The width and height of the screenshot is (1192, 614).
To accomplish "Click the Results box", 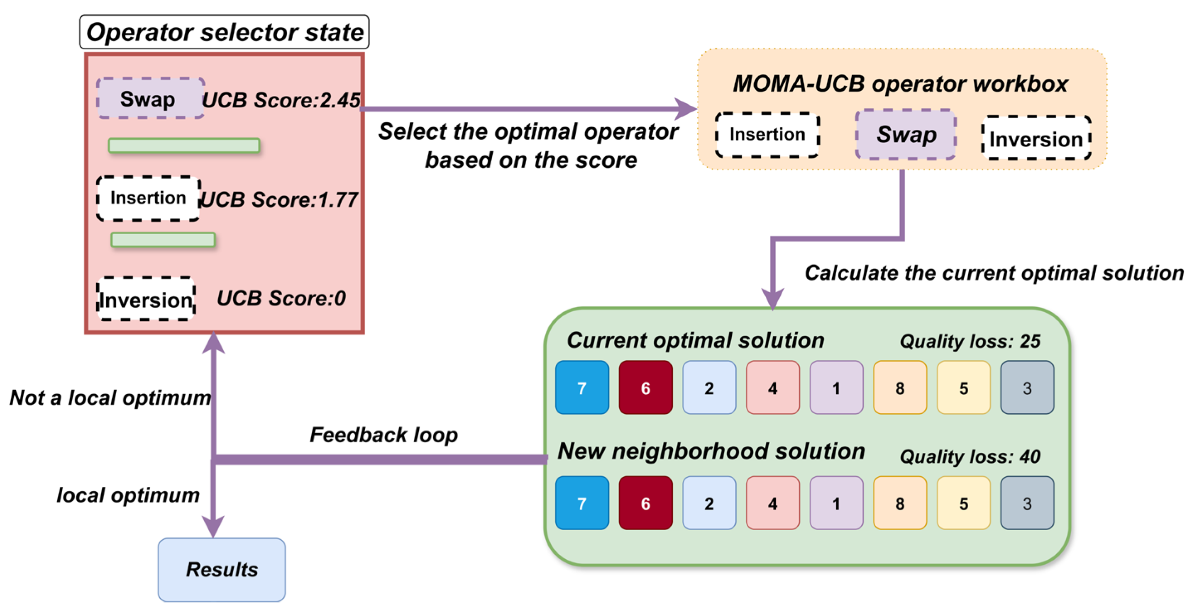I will click(x=222, y=569).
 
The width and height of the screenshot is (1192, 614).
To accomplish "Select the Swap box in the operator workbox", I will click(x=906, y=135).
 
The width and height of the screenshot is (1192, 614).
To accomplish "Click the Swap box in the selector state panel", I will click(x=150, y=99).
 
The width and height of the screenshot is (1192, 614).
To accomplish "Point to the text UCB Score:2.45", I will click(x=281, y=100).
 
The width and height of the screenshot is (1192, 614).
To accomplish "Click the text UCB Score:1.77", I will click(x=279, y=199).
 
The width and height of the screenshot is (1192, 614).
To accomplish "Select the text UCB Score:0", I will click(x=281, y=298).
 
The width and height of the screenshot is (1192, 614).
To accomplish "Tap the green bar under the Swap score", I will click(x=184, y=146).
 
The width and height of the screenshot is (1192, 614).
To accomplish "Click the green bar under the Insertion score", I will click(x=163, y=240).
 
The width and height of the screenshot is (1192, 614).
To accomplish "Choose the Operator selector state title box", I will click(x=225, y=32).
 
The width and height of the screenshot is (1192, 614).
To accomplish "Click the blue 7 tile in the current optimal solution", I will click(x=581, y=388).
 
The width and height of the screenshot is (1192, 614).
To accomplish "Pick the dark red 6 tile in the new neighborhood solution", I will click(x=645, y=503).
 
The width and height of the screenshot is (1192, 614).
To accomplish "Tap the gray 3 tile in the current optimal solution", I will click(x=1027, y=388).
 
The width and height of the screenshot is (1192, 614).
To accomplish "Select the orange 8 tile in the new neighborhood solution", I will click(x=899, y=503).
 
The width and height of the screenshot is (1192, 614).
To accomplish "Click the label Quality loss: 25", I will click(x=970, y=341).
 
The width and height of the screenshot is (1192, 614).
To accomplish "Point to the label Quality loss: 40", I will click(x=970, y=456).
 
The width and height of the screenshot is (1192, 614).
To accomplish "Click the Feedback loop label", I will click(x=383, y=434).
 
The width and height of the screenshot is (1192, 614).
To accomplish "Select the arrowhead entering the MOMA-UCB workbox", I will click(x=686, y=109).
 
